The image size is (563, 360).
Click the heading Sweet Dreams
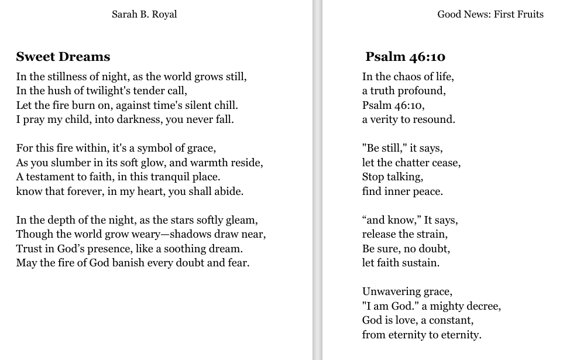(x=63, y=57)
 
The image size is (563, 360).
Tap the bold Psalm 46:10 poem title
(x=405, y=57)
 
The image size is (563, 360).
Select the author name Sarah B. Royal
(x=144, y=14)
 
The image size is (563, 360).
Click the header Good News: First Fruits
(x=490, y=14)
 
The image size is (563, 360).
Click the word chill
(x=225, y=105)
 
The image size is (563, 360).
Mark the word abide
(x=229, y=191)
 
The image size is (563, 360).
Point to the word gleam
(x=242, y=220)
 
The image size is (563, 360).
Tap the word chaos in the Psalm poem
(x=402, y=77)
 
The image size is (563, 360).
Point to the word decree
(x=483, y=306)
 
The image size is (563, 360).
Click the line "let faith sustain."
(x=400, y=263)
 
